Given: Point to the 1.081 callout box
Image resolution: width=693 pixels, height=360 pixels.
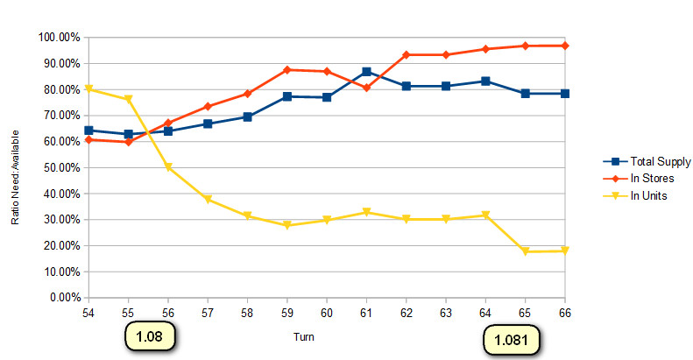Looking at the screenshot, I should (x=512, y=338).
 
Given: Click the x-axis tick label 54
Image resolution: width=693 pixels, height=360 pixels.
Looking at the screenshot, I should (x=88, y=312).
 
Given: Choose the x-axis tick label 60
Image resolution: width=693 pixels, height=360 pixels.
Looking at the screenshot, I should (x=326, y=312).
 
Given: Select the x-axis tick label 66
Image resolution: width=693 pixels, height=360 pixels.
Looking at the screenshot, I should (x=565, y=312).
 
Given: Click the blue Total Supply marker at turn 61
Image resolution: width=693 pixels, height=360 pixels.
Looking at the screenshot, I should (x=366, y=72).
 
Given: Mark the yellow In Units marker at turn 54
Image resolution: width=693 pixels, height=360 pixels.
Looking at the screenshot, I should (x=88, y=89).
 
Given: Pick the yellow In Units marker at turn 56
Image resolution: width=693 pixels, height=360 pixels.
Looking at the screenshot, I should (x=167, y=167).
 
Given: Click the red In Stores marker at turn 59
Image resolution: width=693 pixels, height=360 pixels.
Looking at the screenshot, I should (x=286, y=69).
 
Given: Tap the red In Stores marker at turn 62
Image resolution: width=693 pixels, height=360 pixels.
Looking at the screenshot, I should (x=406, y=54).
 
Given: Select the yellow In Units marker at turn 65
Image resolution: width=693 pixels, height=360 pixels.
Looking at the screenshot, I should (x=526, y=251).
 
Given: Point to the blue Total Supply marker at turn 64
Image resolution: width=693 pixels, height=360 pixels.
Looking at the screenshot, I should (x=485, y=81).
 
